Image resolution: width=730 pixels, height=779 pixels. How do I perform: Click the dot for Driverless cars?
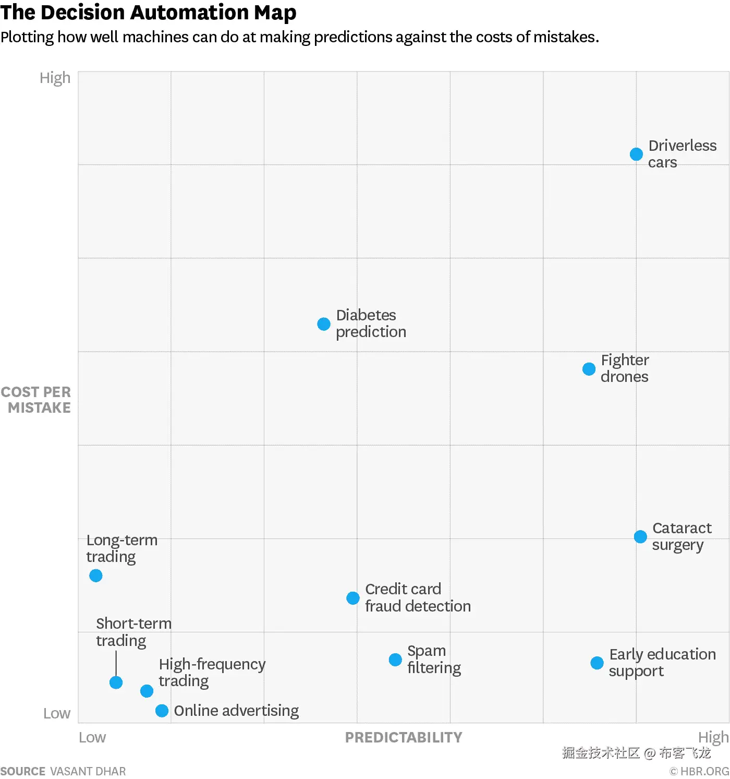[x=636, y=154]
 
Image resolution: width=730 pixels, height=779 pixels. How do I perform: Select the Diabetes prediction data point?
[x=324, y=324]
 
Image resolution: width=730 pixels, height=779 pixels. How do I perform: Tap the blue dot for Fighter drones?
[x=589, y=369]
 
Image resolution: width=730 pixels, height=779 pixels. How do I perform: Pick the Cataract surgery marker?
[x=640, y=537]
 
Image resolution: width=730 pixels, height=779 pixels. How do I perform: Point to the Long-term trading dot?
[x=96, y=576]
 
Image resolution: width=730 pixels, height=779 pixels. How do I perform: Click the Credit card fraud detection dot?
[x=353, y=598]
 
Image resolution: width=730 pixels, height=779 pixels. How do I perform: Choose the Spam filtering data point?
[x=395, y=660]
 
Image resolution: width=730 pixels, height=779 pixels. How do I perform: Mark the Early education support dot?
[x=597, y=663]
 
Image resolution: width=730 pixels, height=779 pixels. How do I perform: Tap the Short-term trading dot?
[x=116, y=682]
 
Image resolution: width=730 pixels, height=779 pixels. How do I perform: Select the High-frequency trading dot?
[x=147, y=691]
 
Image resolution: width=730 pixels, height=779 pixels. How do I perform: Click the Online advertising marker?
[x=162, y=711]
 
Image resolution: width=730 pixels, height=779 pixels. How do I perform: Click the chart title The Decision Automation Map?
[x=149, y=13]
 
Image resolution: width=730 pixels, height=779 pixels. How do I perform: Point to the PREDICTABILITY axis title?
[x=404, y=737]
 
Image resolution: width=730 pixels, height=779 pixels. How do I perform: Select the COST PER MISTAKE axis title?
[x=36, y=400]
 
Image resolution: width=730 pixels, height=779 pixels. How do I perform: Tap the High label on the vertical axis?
[x=55, y=78]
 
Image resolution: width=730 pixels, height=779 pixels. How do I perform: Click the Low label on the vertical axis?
[x=57, y=713]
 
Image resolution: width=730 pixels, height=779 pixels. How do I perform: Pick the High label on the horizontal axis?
[x=713, y=737]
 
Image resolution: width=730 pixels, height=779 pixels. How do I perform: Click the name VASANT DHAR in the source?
[x=88, y=771]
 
